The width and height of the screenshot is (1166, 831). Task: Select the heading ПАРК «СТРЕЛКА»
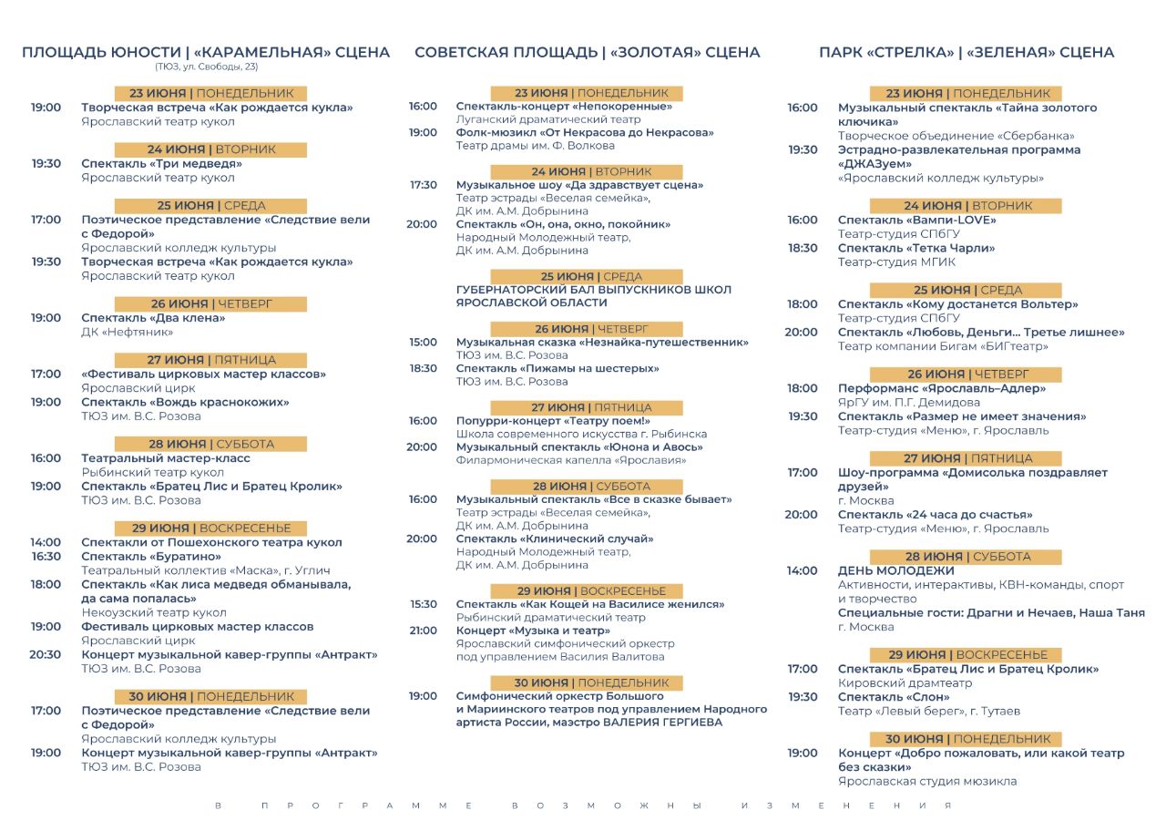[885, 52]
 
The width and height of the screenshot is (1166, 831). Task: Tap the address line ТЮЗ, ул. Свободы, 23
[206, 67]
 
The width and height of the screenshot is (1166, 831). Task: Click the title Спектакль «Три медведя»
[161, 164]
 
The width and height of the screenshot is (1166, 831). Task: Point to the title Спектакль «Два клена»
[153, 318]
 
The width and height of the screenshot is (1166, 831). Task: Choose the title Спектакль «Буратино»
[151, 557]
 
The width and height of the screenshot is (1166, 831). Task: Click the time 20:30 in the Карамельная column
[45, 654]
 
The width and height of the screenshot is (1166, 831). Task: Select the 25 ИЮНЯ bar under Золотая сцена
[586, 276]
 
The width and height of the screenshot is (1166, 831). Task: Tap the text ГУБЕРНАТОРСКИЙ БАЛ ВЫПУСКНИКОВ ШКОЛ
[593, 290]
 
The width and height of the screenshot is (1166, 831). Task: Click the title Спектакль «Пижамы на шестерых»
[557, 368]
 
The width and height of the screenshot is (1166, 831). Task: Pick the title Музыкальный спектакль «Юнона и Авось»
[579, 447]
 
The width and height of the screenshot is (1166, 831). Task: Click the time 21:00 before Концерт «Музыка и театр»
[423, 631]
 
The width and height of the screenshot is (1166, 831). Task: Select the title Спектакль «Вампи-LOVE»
[916, 220]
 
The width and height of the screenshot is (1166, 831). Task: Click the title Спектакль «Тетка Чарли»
[915, 248]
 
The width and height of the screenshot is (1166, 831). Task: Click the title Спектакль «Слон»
[886, 697]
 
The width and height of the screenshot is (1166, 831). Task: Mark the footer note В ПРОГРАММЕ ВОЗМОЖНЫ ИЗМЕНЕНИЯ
[583, 805]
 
